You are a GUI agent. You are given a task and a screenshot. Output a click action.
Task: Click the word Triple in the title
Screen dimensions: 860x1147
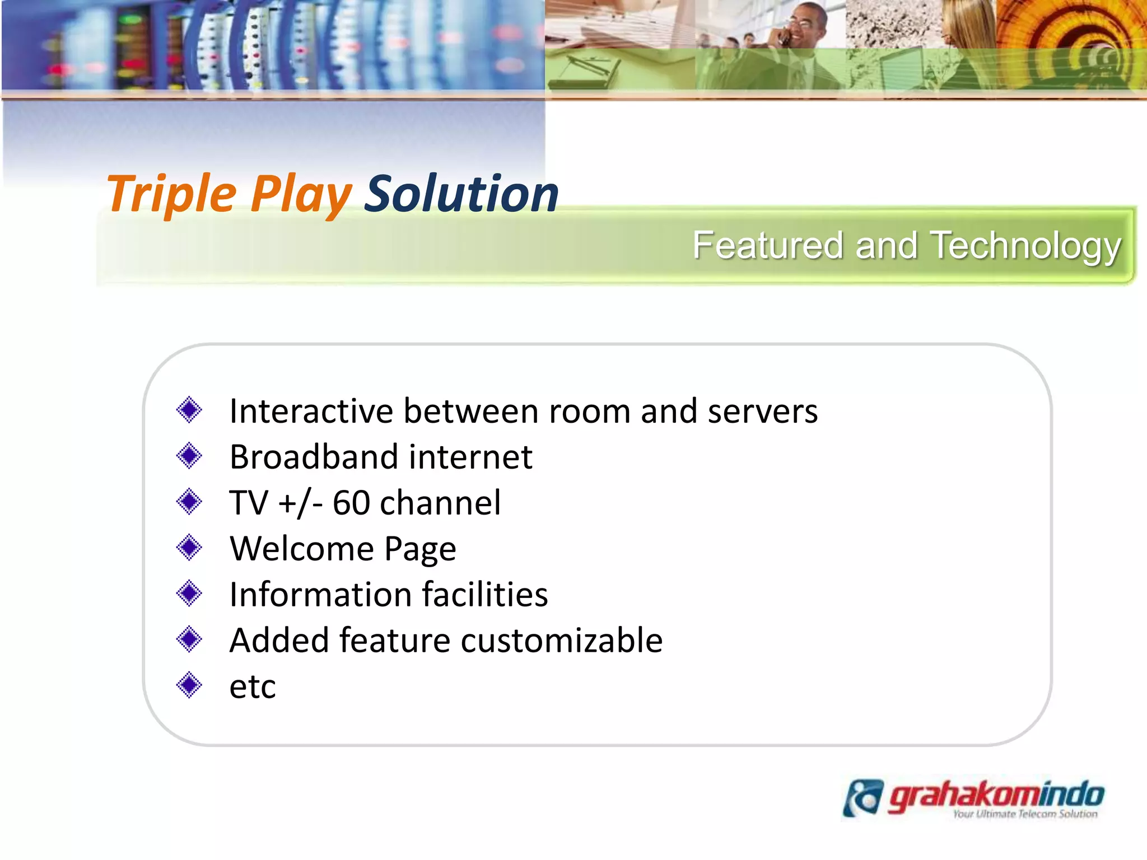coord(171,195)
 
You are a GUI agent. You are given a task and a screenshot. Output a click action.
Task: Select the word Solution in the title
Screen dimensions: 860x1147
coord(461,194)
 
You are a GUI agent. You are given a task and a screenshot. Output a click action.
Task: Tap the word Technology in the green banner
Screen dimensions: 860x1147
coord(1025,246)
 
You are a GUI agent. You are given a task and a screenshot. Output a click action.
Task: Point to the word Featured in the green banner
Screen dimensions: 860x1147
coord(768,246)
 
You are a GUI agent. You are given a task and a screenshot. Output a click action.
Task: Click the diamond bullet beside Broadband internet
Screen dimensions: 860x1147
coord(189,456)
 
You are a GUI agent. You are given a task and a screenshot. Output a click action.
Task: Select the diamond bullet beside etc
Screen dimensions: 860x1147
coord(189,685)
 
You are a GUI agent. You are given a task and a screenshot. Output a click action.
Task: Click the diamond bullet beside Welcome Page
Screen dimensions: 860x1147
coord(189,548)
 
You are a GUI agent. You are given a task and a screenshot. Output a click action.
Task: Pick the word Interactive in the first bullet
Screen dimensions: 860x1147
coord(311,412)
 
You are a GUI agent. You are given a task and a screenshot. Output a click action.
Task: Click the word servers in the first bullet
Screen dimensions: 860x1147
coord(762,412)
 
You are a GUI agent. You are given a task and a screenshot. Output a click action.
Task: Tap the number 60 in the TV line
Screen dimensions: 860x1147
coord(351,503)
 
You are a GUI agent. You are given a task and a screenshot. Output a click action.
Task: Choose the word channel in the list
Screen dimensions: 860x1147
coord(440,503)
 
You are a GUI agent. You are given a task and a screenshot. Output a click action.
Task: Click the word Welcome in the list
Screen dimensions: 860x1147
coord(302,549)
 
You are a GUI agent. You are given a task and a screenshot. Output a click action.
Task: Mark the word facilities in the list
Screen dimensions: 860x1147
coord(485,595)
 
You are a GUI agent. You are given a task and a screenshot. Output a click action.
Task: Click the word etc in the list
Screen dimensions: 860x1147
coord(253,686)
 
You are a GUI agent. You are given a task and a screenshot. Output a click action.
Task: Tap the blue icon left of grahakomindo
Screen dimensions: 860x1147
coord(863,798)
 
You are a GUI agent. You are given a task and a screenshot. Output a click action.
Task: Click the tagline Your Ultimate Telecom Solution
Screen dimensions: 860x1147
coord(1025,814)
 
